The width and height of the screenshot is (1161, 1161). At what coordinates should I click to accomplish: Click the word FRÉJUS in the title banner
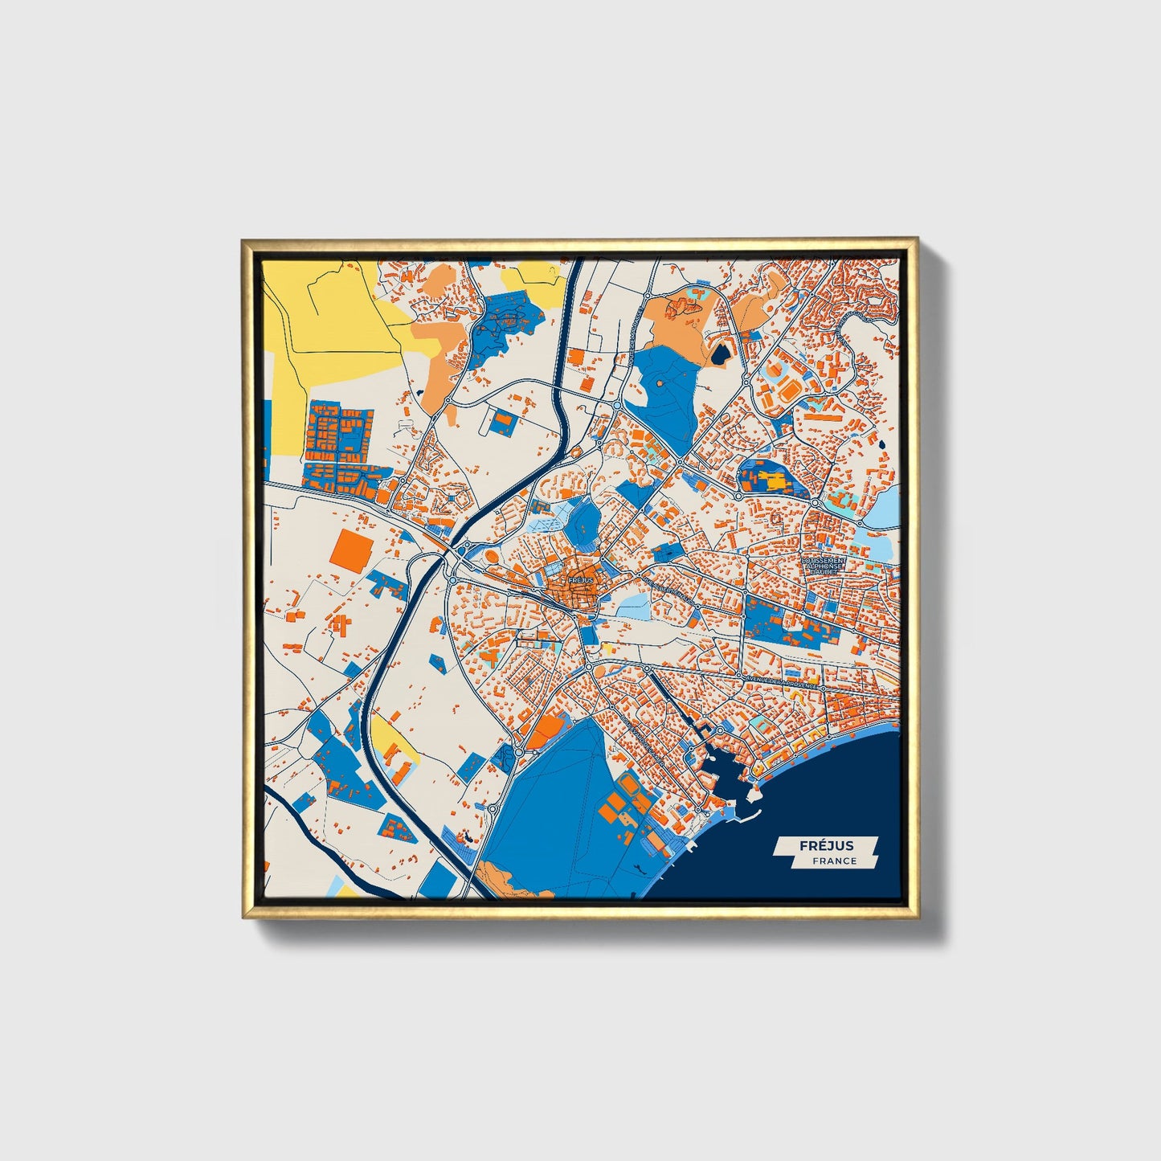(826, 844)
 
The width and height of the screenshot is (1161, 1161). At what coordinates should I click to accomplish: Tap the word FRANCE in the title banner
(833, 861)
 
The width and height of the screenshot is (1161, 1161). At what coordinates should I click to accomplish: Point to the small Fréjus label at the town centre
(579, 579)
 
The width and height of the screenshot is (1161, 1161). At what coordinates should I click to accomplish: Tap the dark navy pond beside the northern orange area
(719, 352)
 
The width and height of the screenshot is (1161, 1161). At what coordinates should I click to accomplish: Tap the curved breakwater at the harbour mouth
(747, 818)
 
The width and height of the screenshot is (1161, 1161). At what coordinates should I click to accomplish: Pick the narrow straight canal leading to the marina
(673, 699)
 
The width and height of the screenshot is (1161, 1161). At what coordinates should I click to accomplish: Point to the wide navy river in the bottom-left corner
(301, 828)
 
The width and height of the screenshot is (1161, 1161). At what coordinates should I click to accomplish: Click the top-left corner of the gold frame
(243, 240)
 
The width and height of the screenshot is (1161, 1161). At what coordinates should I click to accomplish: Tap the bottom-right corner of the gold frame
(917, 917)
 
